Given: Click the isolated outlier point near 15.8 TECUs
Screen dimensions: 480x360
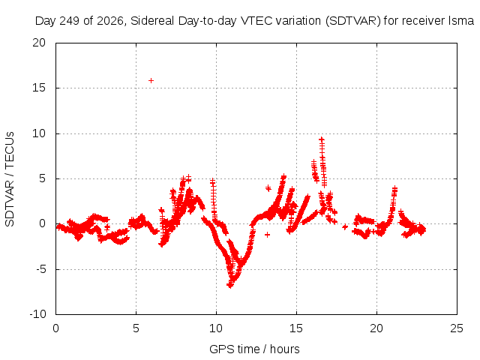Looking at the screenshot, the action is pos(151,80).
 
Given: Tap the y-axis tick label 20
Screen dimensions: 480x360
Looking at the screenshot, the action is pos(39,43).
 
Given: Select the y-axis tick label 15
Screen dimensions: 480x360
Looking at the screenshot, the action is pos(39,88).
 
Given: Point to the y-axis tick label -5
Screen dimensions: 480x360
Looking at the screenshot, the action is pos(41,269).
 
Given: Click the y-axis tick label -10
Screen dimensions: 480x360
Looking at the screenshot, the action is pos(38,314).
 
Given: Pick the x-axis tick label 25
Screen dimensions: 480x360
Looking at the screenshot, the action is pos(457,328).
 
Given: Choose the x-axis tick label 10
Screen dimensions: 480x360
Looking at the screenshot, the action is pos(216,328).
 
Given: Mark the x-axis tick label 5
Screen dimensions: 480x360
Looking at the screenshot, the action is pos(136,328).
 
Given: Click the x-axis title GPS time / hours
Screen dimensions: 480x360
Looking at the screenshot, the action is pos(254,349).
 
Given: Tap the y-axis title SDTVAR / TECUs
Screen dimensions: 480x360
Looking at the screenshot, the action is pos(10,179).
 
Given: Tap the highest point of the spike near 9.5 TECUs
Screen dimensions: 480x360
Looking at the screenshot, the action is pos(322,139).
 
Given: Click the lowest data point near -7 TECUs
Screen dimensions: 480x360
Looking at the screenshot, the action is pos(230,285).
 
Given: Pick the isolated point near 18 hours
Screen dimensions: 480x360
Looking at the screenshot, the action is pos(345,226).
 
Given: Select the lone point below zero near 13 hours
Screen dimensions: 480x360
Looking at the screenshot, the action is pos(267,235).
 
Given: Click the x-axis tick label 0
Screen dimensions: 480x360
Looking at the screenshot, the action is pos(55,328).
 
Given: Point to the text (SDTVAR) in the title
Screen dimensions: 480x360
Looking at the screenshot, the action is pos(353,21).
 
